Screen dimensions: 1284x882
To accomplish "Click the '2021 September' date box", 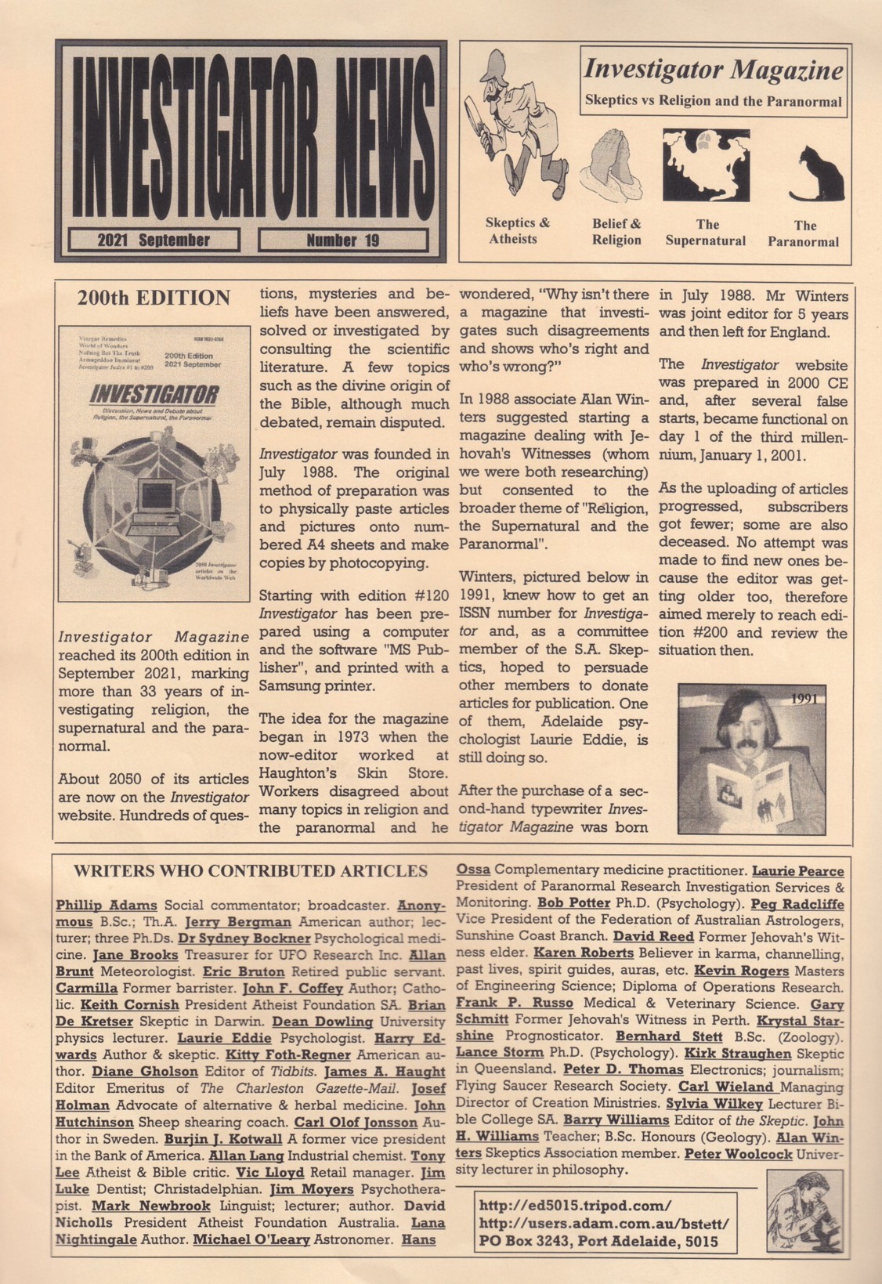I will [x=154, y=240].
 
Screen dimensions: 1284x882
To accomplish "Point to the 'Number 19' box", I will [x=342, y=240].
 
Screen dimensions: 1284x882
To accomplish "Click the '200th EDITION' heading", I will [x=154, y=298].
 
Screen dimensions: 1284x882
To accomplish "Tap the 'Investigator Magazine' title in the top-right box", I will [x=713, y=71].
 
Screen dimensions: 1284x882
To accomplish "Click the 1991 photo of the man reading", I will [x=753, y=758].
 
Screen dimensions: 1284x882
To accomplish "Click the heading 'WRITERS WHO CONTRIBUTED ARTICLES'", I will [x=251, y=871].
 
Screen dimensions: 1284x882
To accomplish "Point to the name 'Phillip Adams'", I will [x=107, y=906].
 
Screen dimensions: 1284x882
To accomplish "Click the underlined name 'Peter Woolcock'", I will [x=738, y=1153].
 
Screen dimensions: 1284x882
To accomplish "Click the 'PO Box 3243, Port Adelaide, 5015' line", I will [x=598, y=1241].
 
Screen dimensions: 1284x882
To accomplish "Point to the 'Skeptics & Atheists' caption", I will [x=517, y=231].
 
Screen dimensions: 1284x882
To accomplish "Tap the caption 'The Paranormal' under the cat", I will [x=804, y=233].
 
